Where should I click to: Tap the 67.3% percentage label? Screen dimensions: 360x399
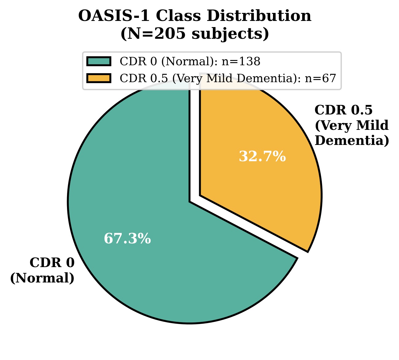click(x=127, y=239)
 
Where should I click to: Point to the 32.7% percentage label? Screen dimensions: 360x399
click(x=262, y=157)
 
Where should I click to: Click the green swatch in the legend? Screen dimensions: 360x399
click(x=99, y=62)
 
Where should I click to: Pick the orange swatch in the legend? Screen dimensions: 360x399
click(x=99, y=78)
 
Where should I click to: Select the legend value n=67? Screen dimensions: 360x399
click(x=320, y=78)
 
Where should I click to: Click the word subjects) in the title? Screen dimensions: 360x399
click(x=230, y=34)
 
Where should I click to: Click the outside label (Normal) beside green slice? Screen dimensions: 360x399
click(x=42, y=278)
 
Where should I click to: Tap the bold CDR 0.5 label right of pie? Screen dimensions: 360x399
click(x=343, y=110)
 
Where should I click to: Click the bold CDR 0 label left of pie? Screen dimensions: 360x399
click(x=52, y=263)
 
